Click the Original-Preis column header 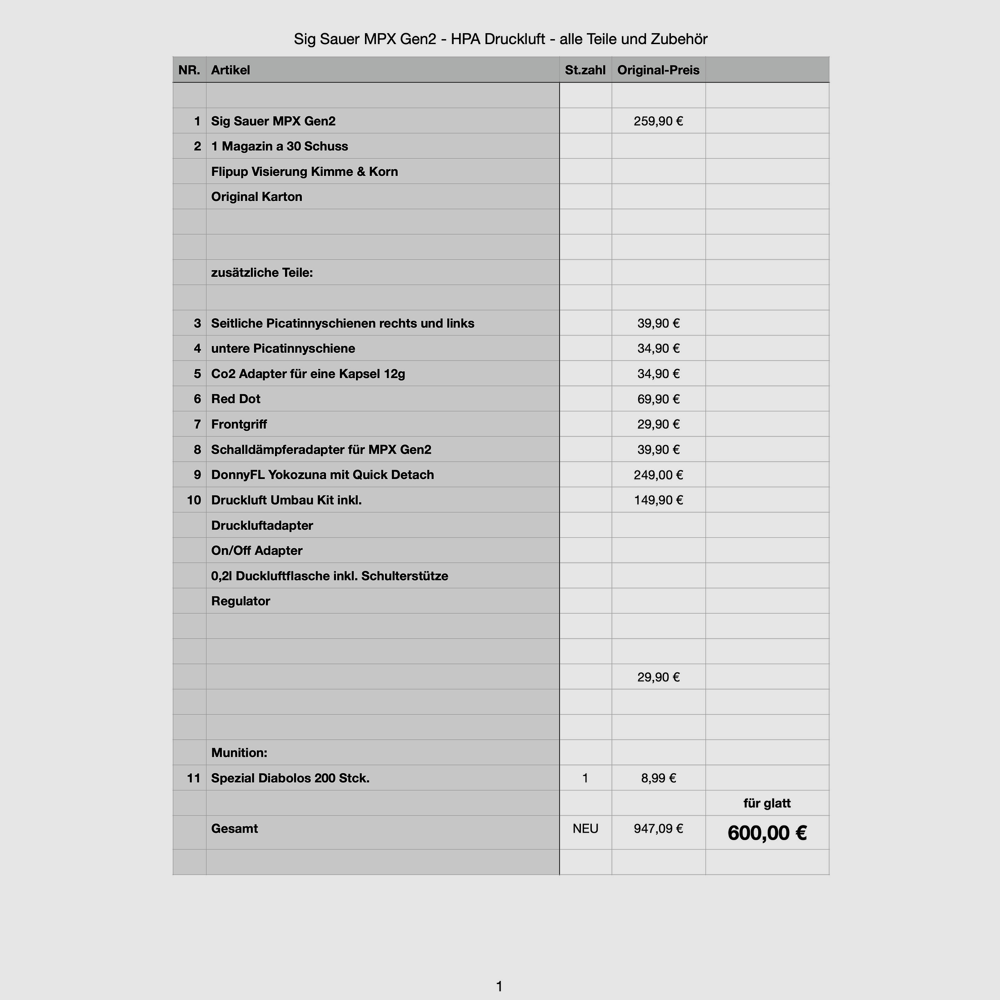[658, 70]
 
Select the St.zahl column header [585, 70]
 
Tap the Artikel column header [230, 70]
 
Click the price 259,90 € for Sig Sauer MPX [658, 121]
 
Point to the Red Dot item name [235, 399]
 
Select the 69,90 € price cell [658, 399]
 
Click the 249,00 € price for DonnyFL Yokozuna [658, 475]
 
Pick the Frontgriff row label [239, 425]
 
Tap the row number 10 [194, 500]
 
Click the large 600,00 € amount [766, 833]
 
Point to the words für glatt [766, 803]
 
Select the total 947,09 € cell [658, 829]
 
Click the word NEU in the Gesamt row [585, 829]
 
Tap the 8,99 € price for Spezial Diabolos [658, 778]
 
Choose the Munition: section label [239, 753]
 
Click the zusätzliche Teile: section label [262, 272]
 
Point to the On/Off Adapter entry [257, 551]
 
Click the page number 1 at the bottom [499, 986]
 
